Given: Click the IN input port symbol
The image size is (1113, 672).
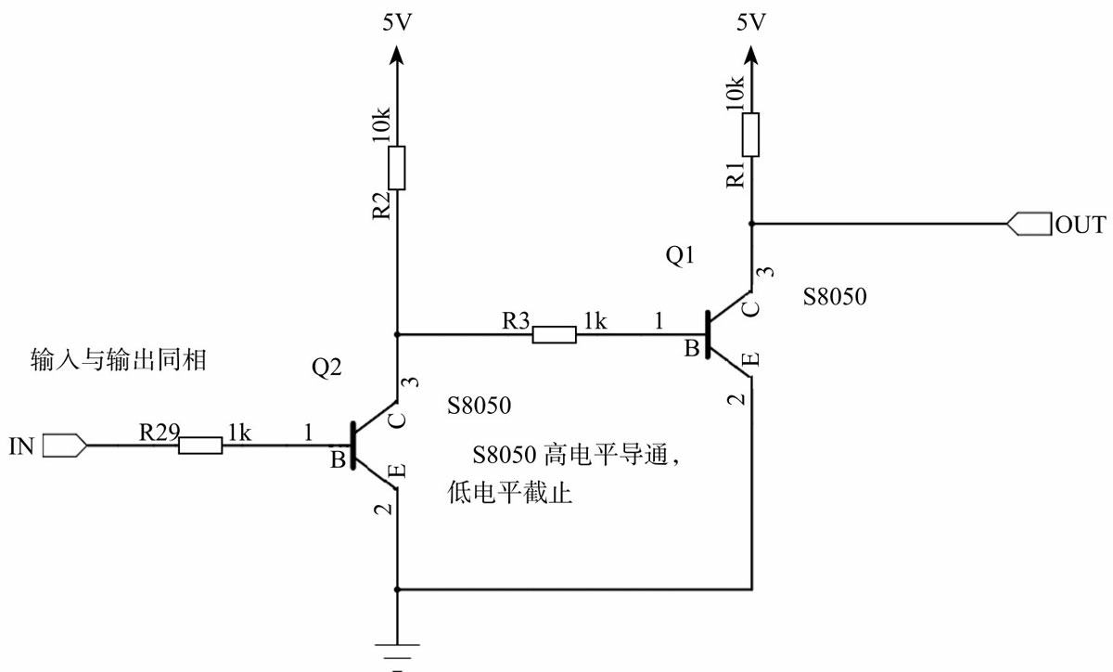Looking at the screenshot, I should (x=65, y=446).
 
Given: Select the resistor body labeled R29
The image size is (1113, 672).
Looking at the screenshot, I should (x=200, y=446).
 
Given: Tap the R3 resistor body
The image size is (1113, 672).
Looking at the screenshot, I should (x=554, y=334).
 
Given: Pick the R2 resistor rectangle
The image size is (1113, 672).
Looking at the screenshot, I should (x=397, y=168).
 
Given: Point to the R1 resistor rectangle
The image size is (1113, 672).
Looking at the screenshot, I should (x=751, y=135).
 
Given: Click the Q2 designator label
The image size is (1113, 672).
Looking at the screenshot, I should (x=326, y=368).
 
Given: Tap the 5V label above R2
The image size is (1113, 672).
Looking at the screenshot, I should (x=396, y=23).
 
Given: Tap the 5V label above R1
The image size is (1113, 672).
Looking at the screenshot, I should (x=750, y=23).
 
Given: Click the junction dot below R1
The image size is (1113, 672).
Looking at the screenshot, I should (x=751, y=224).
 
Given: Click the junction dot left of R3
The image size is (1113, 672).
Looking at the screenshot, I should (x=397, y=334).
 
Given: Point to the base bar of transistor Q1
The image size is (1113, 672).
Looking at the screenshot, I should (x=707, y=334).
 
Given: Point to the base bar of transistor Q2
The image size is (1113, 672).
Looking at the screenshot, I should (x=352, y=446).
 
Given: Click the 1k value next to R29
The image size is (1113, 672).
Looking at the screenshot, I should (x=238, y=432).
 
